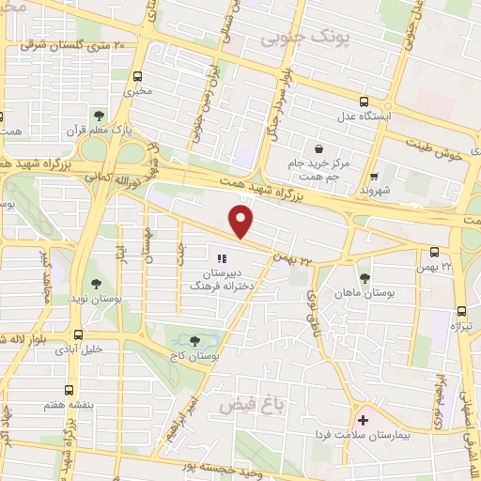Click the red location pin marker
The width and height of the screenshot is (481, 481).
coord(242,222)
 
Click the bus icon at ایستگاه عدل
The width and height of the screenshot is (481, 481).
coord(365,102)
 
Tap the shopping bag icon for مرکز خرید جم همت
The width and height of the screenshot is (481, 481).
coord(319,148)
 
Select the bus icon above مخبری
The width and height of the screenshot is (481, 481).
coord(139,77)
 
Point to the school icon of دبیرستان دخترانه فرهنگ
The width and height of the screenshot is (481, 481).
coord(222,258)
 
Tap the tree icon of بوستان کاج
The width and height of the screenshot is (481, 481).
coord(194,341)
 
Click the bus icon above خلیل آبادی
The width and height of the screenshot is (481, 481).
coord(78,334)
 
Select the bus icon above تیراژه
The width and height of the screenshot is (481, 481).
coord(461,311)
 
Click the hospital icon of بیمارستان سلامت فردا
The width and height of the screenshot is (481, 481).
coord(361,419)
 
